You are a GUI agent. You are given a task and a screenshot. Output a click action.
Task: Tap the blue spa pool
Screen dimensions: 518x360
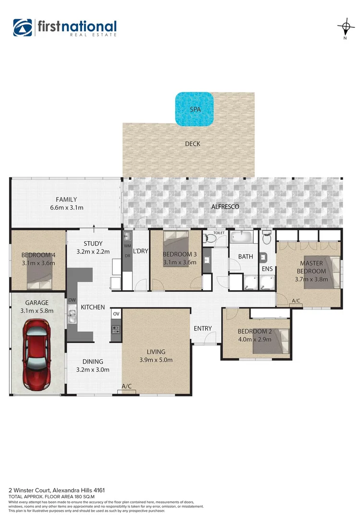194,109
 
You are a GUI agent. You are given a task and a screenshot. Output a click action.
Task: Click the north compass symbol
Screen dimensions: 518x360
345,26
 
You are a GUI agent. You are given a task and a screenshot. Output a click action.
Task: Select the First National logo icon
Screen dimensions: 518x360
23,28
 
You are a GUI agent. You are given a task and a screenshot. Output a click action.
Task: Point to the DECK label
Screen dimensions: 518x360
192,144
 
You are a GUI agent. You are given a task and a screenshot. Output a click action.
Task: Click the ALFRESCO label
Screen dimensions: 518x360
225,207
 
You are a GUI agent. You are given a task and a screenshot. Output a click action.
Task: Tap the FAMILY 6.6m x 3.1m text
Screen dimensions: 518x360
66,204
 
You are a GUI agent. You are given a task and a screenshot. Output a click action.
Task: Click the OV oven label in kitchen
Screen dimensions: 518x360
116,314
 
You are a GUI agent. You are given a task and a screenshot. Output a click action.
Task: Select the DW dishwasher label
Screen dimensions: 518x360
72,301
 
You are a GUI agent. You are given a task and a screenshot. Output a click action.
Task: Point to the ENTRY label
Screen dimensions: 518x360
203,329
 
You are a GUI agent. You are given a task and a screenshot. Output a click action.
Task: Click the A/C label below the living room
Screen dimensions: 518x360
127,386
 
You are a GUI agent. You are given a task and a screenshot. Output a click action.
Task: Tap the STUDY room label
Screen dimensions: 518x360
93,244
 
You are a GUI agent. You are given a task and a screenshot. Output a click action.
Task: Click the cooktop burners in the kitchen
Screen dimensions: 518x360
116,329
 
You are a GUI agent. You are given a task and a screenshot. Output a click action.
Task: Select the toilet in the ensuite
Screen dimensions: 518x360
268,237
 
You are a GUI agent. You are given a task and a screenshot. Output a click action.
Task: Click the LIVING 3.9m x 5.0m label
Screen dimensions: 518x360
156,356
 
